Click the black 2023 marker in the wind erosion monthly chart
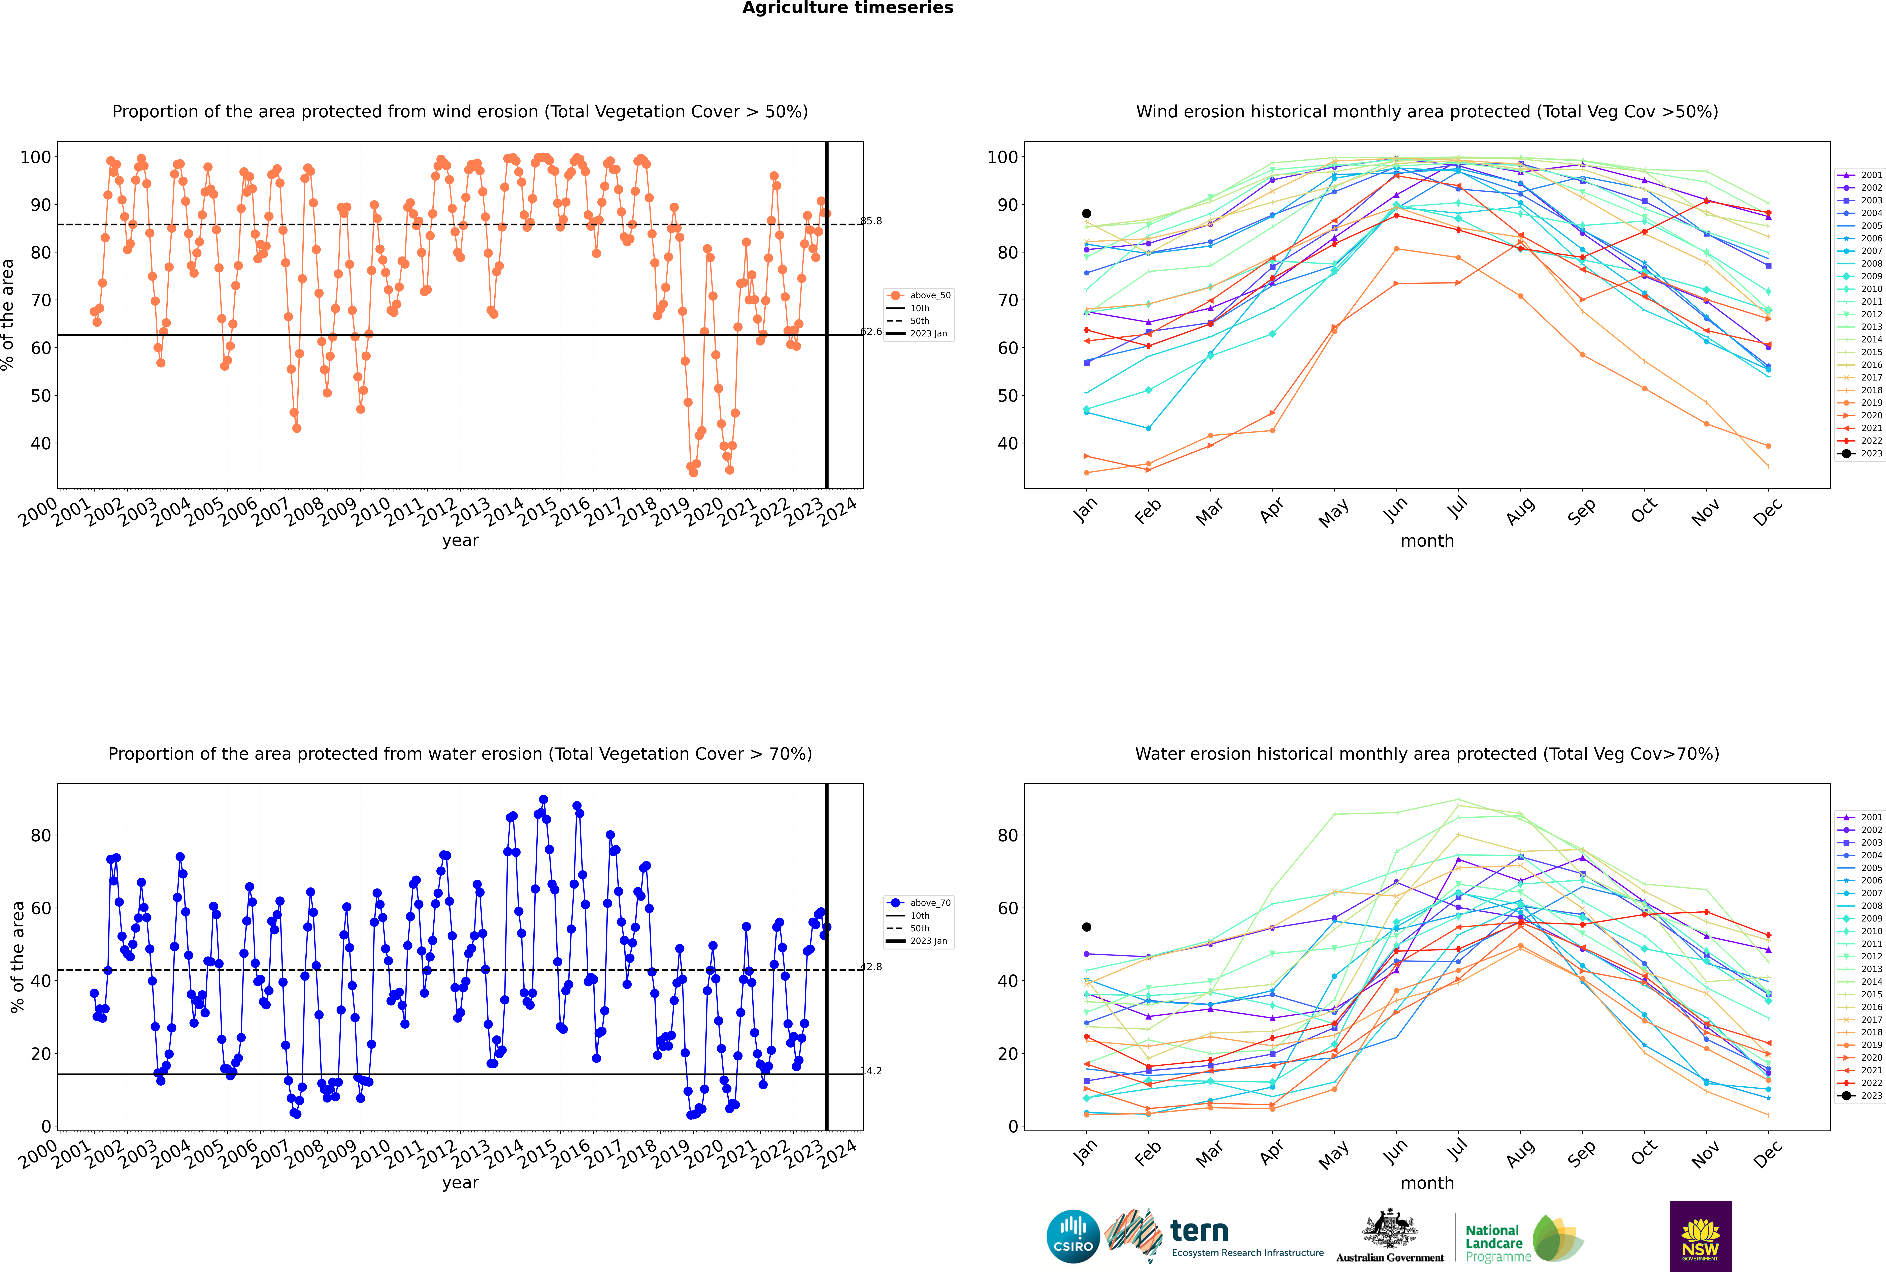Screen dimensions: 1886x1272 pos(1087,213)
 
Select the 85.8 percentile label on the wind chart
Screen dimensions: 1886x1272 pos(871,221)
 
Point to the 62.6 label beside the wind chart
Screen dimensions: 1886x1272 pos(871,332)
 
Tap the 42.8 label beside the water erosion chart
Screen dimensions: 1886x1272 pos(871,967)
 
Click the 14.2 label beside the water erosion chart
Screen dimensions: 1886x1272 pos(871,1071)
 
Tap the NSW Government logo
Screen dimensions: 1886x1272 pos(1700,1236)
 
